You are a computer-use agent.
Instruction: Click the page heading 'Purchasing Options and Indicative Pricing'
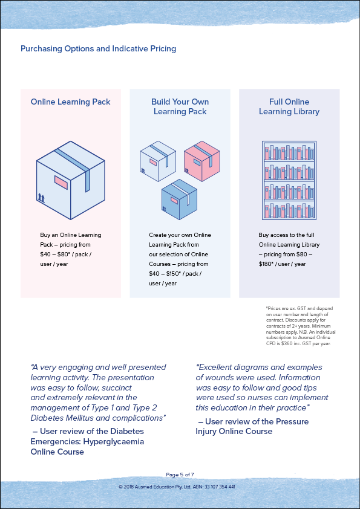(98, 49)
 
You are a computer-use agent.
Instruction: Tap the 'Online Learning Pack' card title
(71, 102)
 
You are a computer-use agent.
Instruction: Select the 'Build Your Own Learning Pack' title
(180, 107)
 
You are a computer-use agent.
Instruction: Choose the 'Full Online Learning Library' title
(289, 107)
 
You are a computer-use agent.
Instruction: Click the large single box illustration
(71, 180)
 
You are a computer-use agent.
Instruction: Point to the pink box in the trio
(201, 161)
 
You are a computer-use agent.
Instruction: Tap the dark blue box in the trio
(179, 199)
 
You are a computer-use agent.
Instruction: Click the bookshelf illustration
(289, 180)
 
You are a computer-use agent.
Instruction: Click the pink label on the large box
(61, 183)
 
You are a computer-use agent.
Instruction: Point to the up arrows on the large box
(41, 197)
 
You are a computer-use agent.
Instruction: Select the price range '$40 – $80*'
(54, 254)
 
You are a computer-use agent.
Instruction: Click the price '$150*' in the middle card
(174, 274)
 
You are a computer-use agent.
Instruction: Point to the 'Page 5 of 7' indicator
(180, 475)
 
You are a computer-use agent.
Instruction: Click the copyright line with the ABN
(177, 487)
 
